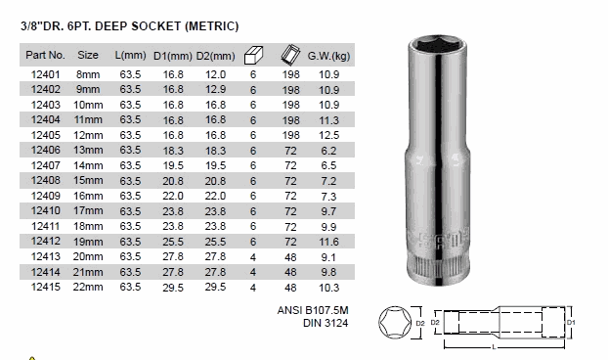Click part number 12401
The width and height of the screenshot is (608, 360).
click(x=45, y=74)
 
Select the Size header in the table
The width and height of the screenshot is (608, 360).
click(x=88, y=55)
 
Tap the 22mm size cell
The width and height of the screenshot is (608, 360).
click(x=88, y=287)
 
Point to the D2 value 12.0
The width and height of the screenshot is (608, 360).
click(x=215, y=74)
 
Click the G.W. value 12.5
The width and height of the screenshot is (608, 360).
click(x=328, y=135)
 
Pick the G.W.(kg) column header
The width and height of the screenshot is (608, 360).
click(x=328, y=56)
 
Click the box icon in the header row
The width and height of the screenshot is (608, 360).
click(x=253, y=55)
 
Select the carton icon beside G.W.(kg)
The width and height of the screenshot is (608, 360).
click(x=290, y=55)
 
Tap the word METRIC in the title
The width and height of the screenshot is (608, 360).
click(x=211, y=26)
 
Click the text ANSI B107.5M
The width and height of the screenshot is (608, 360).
click(x=313, y=310)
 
